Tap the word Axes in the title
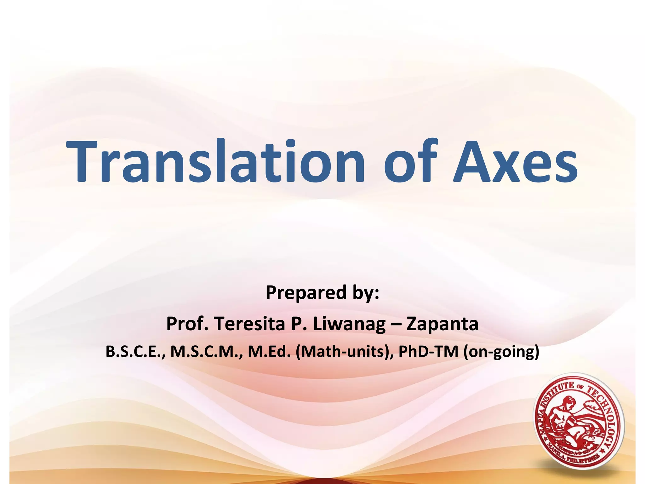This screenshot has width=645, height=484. pyautogui.click(x=515, y=161)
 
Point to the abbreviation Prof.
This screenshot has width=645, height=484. pyautogui.click(x=187, y=324)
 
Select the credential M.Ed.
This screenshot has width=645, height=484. pyautogui.click(x=269, y=352)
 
